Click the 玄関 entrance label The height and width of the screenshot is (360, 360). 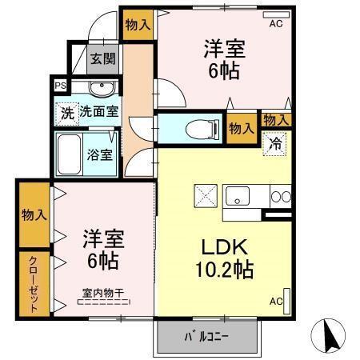(101, 58)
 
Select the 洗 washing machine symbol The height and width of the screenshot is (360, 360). (66, 113)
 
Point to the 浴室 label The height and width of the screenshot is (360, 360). (101, 154)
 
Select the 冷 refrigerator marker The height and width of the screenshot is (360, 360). (274, 146)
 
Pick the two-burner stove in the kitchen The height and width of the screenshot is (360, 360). (280, 195)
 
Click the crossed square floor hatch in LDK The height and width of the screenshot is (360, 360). (205, 196)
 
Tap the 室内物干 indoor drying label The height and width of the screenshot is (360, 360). (102, 293)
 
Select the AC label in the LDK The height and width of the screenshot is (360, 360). (275, 302)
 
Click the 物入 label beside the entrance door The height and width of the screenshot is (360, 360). (138, 24)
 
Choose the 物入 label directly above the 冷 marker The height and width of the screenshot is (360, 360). (276, 119)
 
